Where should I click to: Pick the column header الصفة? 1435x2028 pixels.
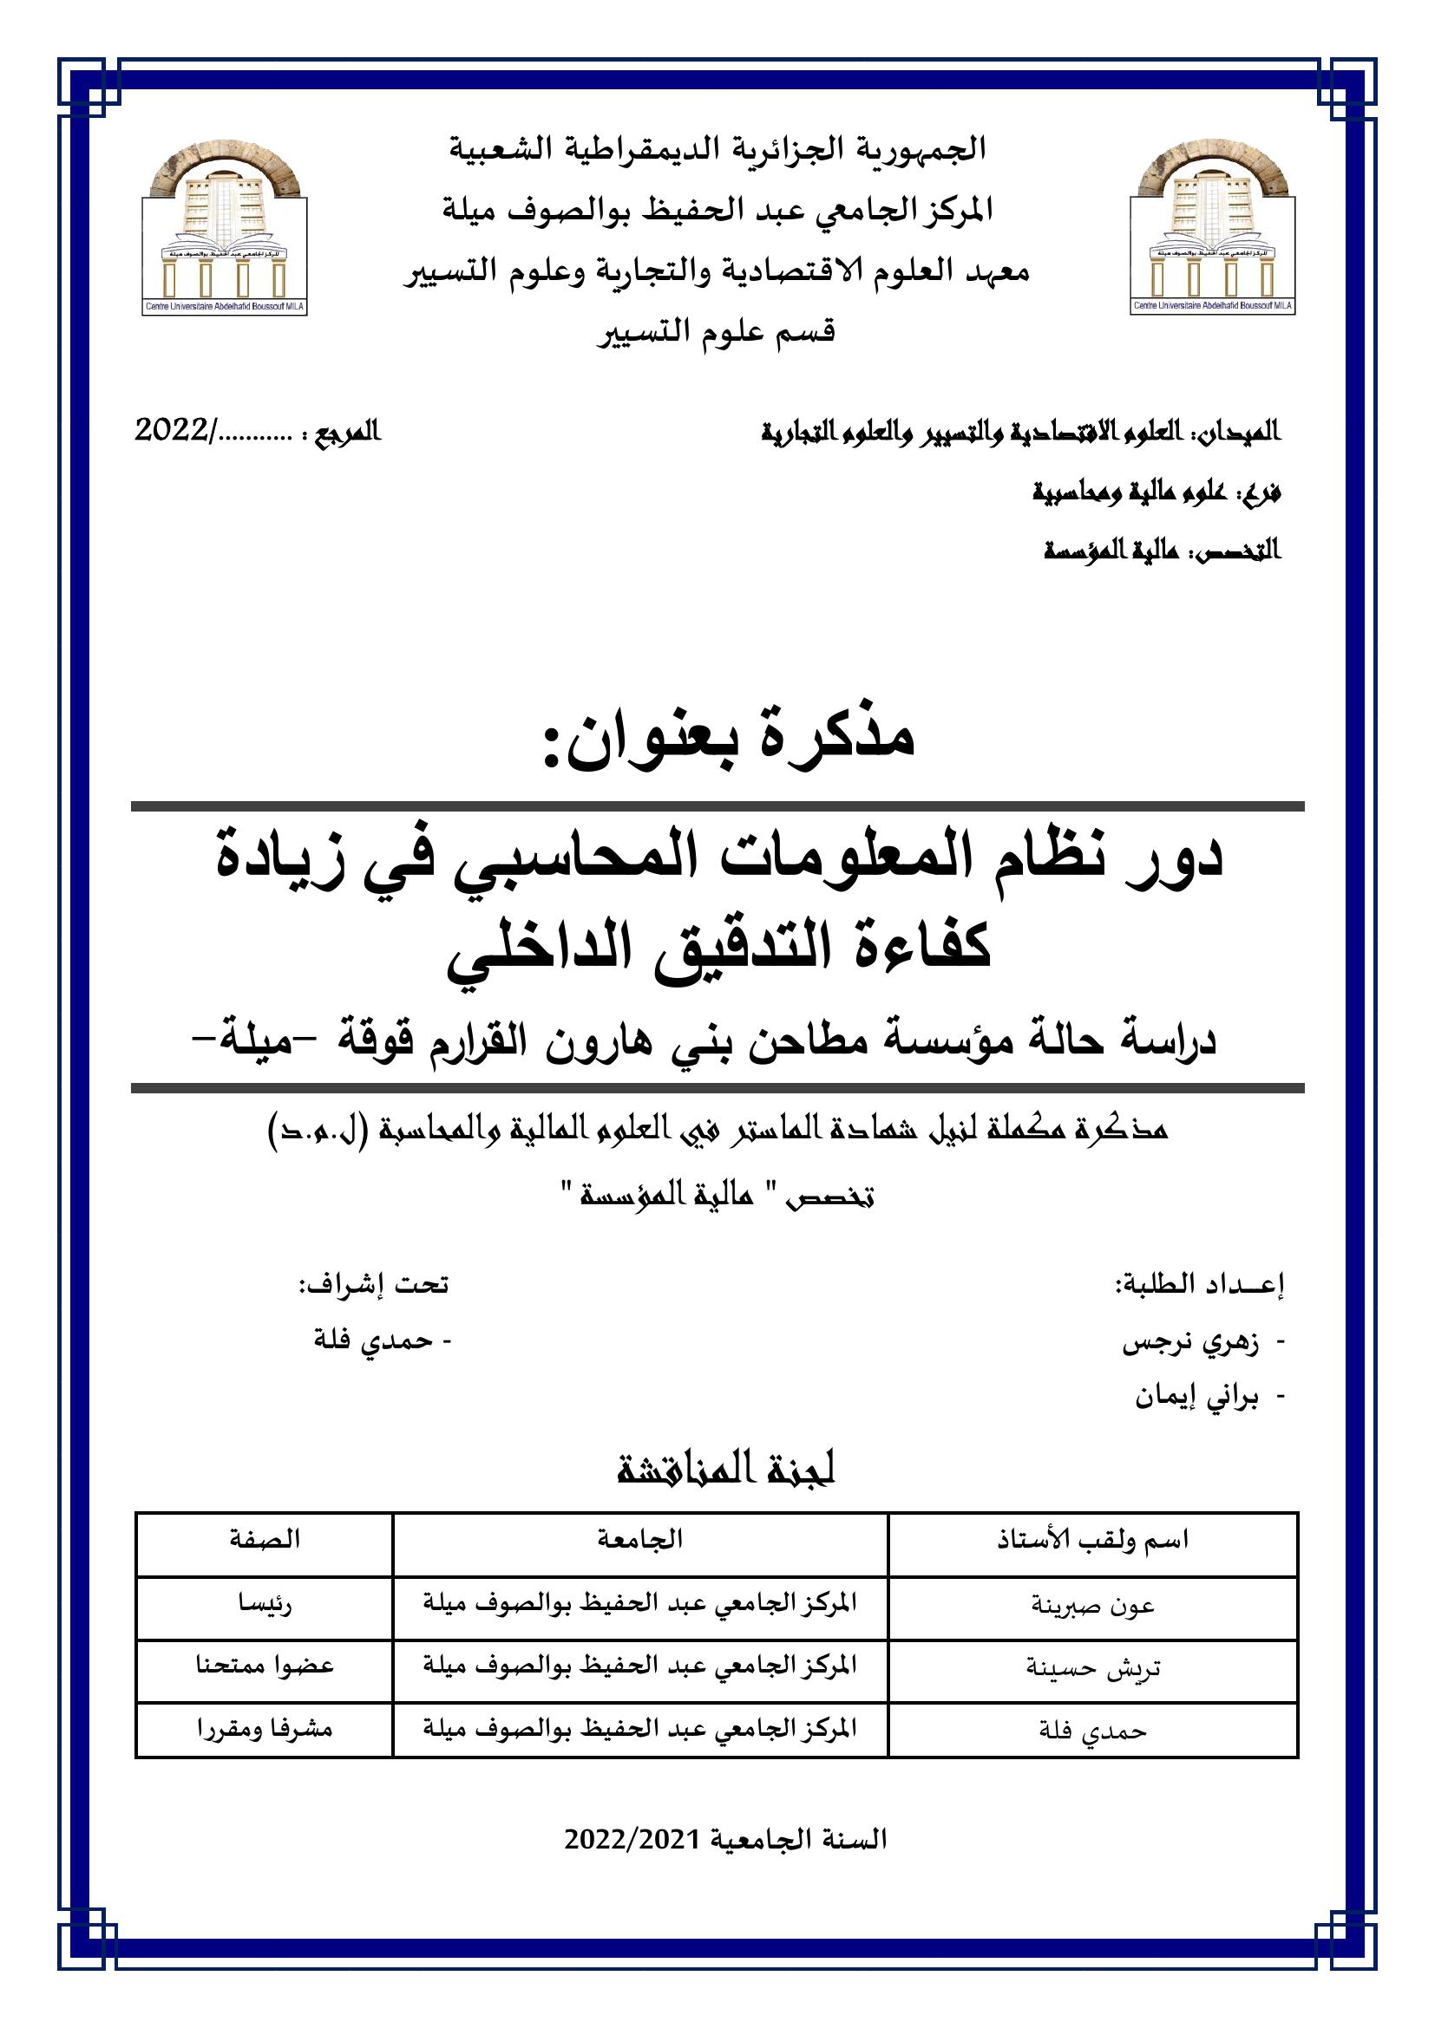click(x=265, y=1539)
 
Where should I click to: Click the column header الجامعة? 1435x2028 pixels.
click(x=639, y=1539)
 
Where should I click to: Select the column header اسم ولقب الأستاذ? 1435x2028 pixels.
click(x=1092, y=1541)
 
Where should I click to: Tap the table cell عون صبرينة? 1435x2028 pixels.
click(x=1092, y=1605)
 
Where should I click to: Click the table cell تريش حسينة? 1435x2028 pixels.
click(x=1092, y=1667)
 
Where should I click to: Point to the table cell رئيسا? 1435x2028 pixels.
click(x=265, y=1604)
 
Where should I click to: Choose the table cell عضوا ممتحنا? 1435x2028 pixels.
click(x=265, y=1666)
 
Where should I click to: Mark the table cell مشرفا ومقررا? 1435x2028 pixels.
click(x=265, y=1729)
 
